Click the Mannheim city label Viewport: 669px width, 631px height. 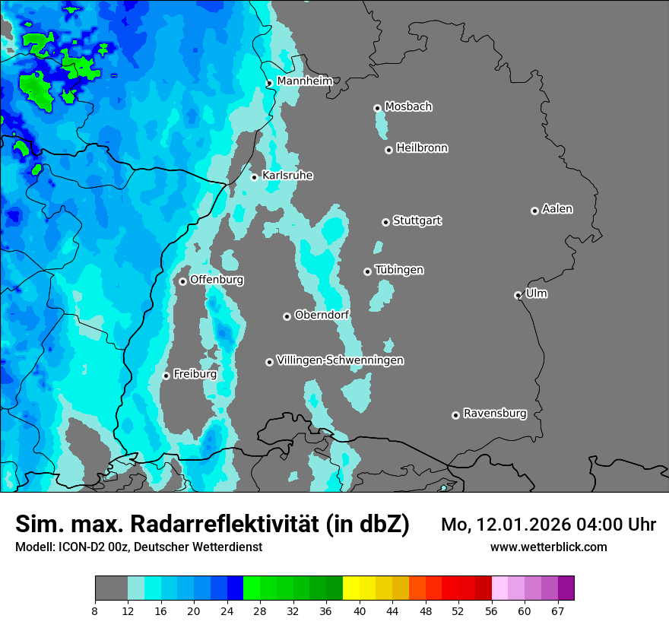coord(304,81)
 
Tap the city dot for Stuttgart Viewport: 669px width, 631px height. coord(386,222)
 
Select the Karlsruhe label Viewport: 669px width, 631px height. coord(287,176)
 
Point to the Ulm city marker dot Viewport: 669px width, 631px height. coord(518,295)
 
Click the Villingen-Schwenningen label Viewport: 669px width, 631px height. coord(340,360)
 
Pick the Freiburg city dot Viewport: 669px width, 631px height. coord(166,376)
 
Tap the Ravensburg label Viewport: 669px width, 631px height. coord(495,414)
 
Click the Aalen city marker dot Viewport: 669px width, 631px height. coord(534,211)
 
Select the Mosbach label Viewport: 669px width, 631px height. coord(408,107)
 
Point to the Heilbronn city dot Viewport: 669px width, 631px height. coord(388,150)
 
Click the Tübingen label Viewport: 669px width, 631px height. coord(399,270)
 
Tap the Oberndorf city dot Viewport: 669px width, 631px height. coord(287,316)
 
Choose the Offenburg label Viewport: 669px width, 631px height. coord(217,280)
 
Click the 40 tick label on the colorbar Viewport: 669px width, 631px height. coord(360,610)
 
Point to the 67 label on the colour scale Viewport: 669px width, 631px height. coord(557,610)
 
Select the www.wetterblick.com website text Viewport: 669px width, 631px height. coord(549,547)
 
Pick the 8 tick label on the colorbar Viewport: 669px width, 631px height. coord(95,610)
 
